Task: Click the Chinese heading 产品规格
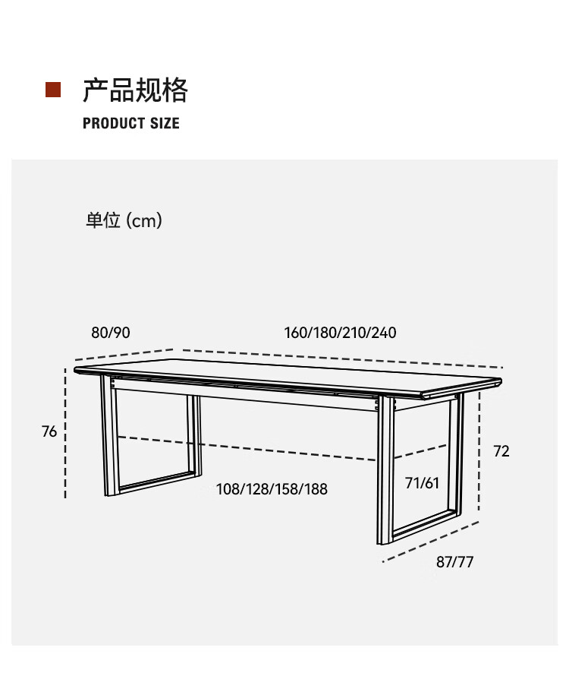pyautogui.click(x=134, y=90)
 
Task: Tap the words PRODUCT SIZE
pyautogui.click(x=130, y=123)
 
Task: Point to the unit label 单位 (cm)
pyautogui.click(x=123, y=221)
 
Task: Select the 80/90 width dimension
pyautogui.click(x=111, y=333)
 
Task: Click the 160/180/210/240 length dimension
pyautogui.click(x=340, y=333)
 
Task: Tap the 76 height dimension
pyautogui.click(x=49, y=431)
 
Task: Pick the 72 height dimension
pyautogui.click(x=501, y=451)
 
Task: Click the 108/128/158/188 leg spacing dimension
pyautogui.click(x=272, y=488)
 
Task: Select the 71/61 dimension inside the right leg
pyautogui.click(x=422, y=483)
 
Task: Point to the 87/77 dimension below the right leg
pyautogui.click(x=454, y=562)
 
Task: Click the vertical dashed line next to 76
pyautogui.click(x=66, y=433)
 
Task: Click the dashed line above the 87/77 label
pyautogui.click(x=430, y=542)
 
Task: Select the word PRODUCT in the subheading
pyautogui.click(x=114, y=123)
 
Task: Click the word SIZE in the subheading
pyautogui.click(x=165, y=123)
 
